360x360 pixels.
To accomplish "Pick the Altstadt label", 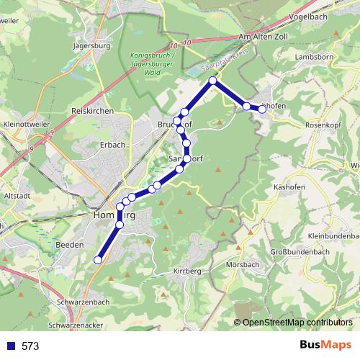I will [x=17, y=195].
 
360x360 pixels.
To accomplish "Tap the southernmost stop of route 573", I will [x=98, y=261].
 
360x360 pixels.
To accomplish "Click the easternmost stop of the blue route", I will [x=263, y=109].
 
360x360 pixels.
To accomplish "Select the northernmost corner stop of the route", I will [x=213, y=81].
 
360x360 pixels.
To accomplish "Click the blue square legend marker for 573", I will [x=10, y=346].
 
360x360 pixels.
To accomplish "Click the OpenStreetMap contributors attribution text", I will [x=297, y=323].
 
